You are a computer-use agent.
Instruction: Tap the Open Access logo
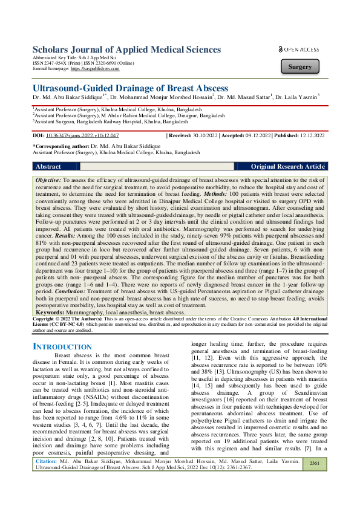tap(299, 48)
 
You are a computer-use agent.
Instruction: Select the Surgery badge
tap(300, 67)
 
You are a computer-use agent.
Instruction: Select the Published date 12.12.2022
tap(308, 136)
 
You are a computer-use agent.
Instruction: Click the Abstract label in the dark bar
tap(48, 166)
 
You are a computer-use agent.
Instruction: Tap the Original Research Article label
tap(287, 166)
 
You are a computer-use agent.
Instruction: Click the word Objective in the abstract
tap(48, 180)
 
